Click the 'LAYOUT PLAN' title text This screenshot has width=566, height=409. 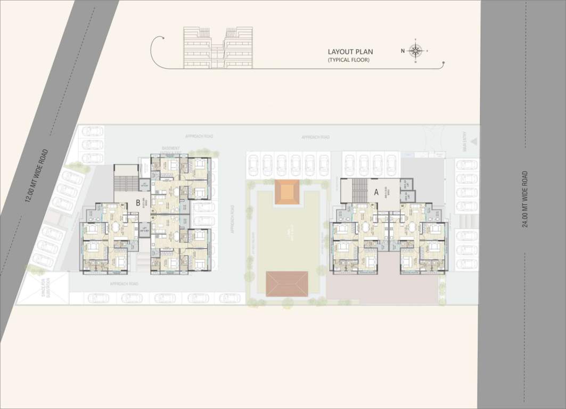coord(350,52)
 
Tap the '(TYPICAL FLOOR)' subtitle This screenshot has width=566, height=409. coord(348,60)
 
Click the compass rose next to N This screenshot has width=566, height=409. coord(416,51)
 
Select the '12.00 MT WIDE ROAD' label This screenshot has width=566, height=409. coord(36,176)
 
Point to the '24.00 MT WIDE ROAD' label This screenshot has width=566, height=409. coord(525,199)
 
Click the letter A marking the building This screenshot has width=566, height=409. coord(376,193)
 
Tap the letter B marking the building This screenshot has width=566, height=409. coord(138,202)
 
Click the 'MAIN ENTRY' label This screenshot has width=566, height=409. coord(465,143)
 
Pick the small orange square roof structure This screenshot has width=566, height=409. coord(288,192)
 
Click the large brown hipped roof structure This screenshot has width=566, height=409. coord(287,284)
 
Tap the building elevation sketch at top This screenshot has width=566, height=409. coord(218,48)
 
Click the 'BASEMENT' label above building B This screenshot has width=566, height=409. coord(171,149)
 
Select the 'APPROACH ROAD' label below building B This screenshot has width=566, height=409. coord(124,284)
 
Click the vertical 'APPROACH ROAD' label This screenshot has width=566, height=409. coord(233,224)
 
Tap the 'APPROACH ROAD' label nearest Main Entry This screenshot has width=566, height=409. coord(315,137)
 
